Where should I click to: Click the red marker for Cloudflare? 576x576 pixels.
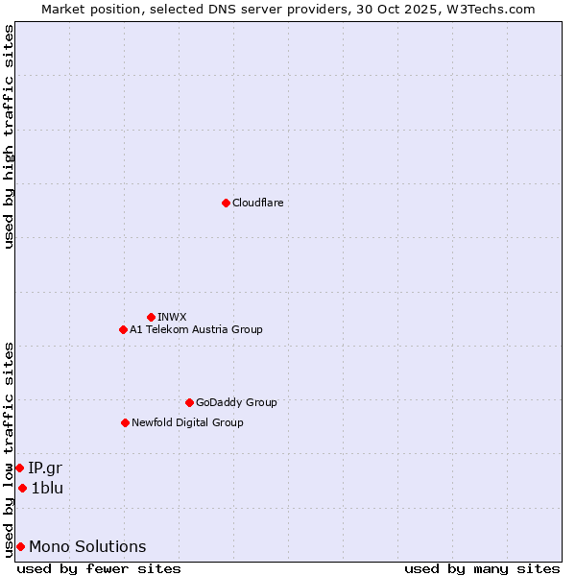pos(226,203)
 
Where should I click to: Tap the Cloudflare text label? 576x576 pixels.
pos(258,203)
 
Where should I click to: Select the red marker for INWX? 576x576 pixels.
pos(151,317)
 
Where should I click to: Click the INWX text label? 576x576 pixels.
pos(172,317)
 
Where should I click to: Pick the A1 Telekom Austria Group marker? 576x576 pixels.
pos(123,329)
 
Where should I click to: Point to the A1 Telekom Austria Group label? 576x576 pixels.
pos(196,329)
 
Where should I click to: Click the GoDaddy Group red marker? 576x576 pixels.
pos(189,402)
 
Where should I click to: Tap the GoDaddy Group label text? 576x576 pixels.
pos(236,402)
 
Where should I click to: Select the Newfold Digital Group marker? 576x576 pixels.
pos(125,422)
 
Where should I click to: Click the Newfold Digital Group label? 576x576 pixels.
pos(187,422)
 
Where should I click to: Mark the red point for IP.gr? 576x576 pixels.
pos(19,468)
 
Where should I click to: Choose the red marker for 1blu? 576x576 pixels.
pos(22,488)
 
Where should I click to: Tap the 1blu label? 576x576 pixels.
pos(47,488)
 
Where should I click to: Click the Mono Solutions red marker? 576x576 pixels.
pos(20,546)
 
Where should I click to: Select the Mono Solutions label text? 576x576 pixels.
pos(87,546)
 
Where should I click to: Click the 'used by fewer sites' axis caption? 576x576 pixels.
pos(99,568)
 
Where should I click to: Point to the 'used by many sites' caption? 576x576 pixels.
pos(482,568)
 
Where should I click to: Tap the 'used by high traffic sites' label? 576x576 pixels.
pos(9,136)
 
